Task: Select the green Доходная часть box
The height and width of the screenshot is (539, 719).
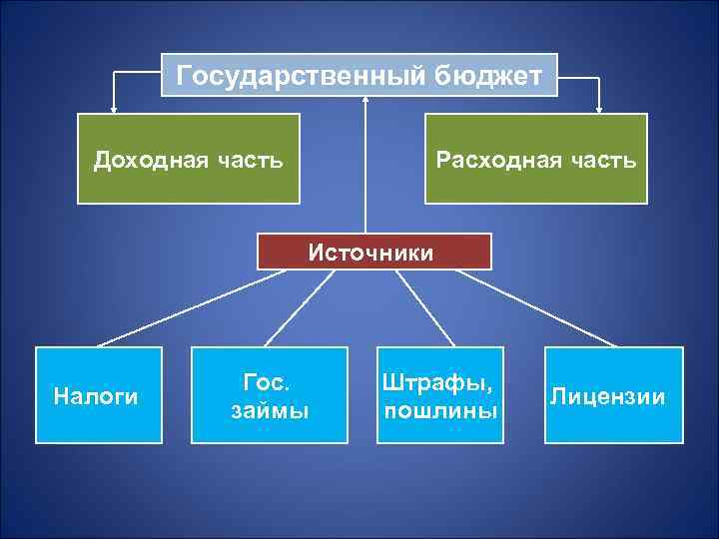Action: coord(188,159)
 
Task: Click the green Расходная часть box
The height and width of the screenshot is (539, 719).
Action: coord(535,159)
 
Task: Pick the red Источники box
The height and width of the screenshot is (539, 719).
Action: coord(374,252)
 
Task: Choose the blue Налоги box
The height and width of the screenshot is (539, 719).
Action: coord(98,395)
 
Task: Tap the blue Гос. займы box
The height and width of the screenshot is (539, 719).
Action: coord(270,395)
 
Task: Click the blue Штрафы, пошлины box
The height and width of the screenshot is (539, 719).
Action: coord(440,395)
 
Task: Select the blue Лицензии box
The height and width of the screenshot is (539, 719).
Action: coord(613,395)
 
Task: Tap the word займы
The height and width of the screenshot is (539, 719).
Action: coord(270,410)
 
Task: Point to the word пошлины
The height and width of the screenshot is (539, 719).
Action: coord(440,410)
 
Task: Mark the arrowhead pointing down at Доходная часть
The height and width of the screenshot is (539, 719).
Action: coord(114,108)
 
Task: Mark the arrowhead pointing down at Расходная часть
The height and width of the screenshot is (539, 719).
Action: coord(600,108)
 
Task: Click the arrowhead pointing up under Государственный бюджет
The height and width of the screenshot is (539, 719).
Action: coord(365,100)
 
